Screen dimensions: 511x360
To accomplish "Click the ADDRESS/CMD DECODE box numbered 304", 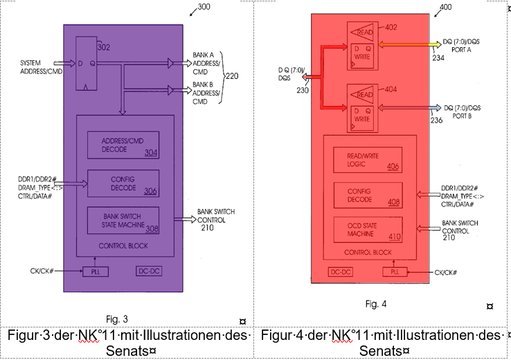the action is [123, 145].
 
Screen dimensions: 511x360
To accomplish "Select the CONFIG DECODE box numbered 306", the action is [123, 183].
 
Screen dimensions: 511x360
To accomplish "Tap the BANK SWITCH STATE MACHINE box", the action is [123, 220].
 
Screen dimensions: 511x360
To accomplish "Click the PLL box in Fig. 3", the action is [96, 271].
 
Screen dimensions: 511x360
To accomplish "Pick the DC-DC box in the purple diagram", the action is [149, 271].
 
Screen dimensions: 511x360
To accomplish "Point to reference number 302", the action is [104, 47].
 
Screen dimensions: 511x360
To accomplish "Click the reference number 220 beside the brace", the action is [232, 76].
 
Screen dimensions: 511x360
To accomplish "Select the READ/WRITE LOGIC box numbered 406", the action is [368, 160].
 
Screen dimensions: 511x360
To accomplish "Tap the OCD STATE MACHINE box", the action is [368, 230].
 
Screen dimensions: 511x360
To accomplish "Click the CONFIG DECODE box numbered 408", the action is [368, 195].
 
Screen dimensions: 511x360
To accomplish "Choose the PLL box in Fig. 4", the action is [395, 271].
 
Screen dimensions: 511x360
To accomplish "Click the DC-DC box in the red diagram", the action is [341, 271].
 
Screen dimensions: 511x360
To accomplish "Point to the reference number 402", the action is [391, 28].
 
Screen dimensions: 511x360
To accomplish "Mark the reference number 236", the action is [436, 120].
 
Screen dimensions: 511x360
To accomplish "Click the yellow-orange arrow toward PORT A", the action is [410, 44].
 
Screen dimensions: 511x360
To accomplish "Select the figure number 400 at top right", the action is [445, 7].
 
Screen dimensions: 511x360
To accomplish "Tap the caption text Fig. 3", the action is [116, 319].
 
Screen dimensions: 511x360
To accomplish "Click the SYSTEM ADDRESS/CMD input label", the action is [41, 67].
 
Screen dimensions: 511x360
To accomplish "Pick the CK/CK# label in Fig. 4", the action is [445, 272].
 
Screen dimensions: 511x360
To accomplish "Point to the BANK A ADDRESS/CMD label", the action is [206, 63].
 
